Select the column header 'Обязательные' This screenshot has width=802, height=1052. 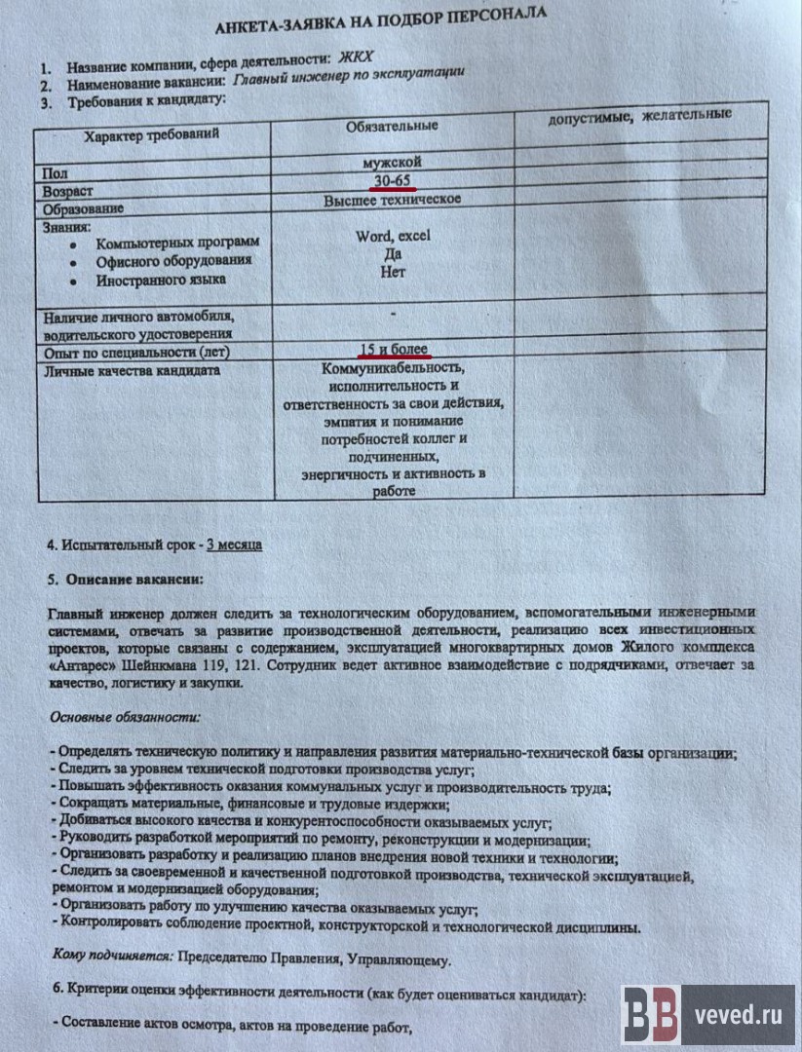tap(392, 126)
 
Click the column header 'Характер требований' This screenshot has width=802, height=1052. tap(151, 135)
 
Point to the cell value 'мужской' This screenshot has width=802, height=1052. tap(392, 162)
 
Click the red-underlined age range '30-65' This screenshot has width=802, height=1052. tap(393, 179)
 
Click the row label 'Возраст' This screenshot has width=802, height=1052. tap(67, 191)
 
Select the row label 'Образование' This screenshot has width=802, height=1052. tap(83, 208)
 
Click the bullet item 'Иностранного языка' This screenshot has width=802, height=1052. tap(161, 280)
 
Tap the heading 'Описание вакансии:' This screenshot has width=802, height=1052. tap(134, 579)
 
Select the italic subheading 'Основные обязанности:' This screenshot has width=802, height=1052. tap(125, 717)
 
